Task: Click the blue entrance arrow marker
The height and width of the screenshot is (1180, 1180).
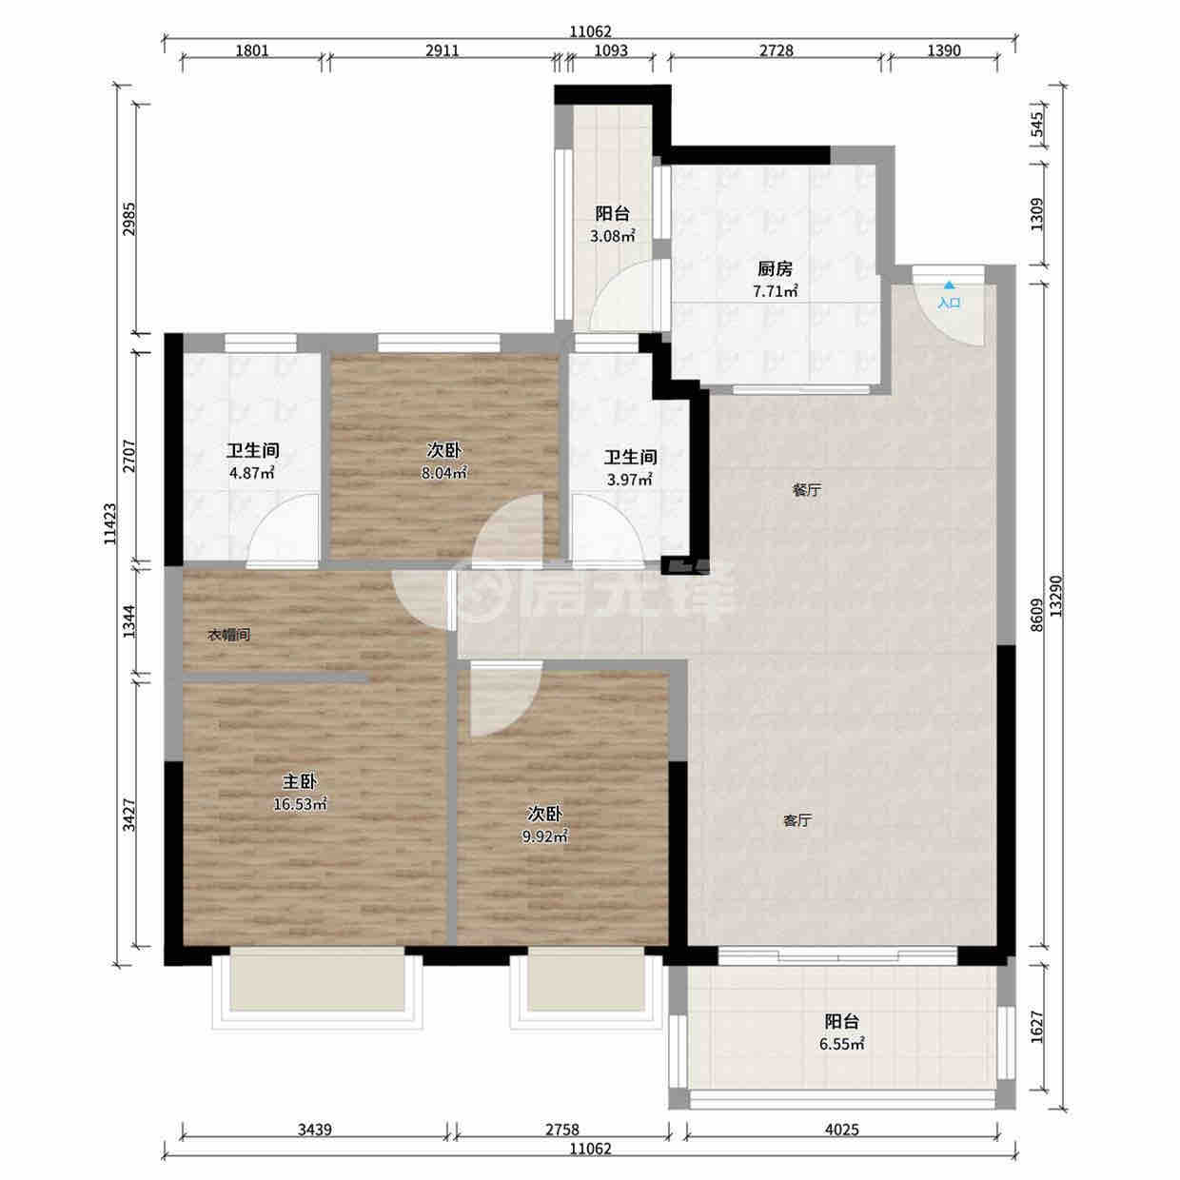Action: (949, 285)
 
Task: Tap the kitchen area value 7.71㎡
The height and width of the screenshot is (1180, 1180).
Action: (776, 291)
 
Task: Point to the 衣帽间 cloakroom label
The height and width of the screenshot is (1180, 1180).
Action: (229, 635)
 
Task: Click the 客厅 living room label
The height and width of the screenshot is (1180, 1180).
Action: (797, 820)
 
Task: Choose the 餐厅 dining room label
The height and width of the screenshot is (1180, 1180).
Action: (806, 490)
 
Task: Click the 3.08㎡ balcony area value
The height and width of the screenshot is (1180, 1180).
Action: (612, 236)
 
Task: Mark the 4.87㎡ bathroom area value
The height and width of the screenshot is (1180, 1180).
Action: (251, 473)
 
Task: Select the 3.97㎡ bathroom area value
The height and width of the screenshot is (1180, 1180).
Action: (630, 479)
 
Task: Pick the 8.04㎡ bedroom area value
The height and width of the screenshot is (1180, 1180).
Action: (444, 473)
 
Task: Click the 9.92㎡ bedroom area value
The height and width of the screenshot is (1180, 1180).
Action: (545, 836)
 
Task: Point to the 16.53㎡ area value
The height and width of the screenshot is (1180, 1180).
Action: (300, 803)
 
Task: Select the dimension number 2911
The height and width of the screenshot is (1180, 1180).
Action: (442, 50)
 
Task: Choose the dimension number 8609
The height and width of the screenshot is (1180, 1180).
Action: (1036, 615)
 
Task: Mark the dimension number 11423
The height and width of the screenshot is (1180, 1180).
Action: (109, 524)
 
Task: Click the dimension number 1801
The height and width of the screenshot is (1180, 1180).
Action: (252, 50)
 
